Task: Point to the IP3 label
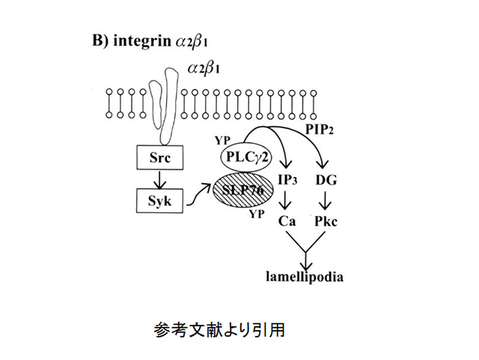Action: pos(287,180)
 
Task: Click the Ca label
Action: pos(287,222)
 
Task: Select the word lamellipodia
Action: pos(305,276)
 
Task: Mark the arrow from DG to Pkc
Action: pos(326,201)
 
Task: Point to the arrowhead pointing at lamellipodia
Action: pos(305,264)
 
